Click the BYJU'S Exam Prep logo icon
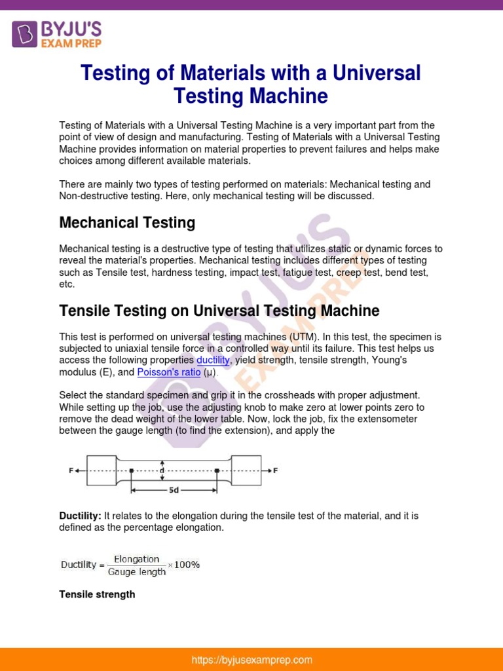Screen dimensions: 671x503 coord(25,33)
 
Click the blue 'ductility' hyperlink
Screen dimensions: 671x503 coord(213,360)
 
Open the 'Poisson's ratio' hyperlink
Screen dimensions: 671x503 coord(168,372)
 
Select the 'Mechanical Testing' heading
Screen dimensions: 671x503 coord(127,223)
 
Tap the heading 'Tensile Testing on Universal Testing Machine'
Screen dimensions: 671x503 coord(219,310)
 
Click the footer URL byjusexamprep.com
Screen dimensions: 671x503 coord(251,660)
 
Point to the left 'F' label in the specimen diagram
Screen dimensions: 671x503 coord(71,470)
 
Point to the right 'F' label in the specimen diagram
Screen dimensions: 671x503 coord(275,470)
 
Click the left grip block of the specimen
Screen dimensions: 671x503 coord(101,470)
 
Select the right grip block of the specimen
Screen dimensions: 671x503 coord(246,470)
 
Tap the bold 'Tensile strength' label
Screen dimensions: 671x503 coord(97,594)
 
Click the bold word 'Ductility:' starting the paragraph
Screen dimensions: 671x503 coord(80,516)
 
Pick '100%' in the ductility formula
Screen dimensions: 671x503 coord(187,565)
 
